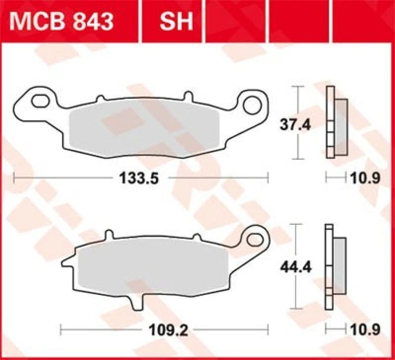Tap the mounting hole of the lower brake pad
pos(256,240)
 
